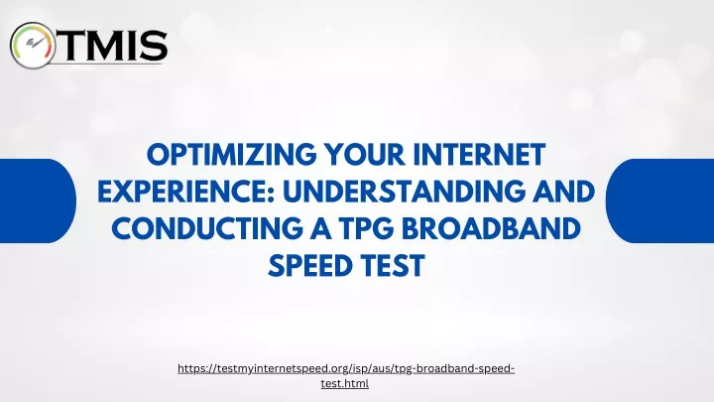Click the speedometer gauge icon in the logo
pos(33,46)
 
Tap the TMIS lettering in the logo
pos(111,46)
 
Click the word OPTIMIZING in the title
pos(232,155)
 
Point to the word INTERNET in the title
pos(480,155)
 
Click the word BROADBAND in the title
pos(491,228)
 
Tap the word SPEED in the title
pos(311,265)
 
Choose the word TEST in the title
pos(394,265)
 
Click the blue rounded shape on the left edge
pos(38,201)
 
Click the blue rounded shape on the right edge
pos(659,201)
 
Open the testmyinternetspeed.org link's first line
pos(346,368)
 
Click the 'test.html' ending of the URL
pos(345,383)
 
